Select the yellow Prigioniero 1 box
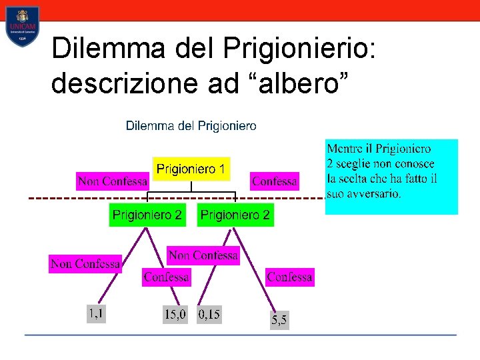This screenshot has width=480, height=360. pyautogui.click(x=191, y=169)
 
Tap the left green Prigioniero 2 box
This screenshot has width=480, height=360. pyautogui.click(x=147, y=215)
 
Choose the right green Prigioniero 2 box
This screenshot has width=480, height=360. pyautogui.click(x=235, y=215)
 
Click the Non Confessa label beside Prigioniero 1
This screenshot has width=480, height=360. pyautogui.click(x=112, y=181)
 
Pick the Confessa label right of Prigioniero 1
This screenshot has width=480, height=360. pyautogui.click(x=274, y=181)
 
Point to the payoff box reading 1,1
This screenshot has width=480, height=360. pyautogui.click(x=97, y=313)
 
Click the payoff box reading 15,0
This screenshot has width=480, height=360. pyautogui.click(x=176, y=314)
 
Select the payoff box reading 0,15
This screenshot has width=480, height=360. pyautogui.click(x=209, y=314)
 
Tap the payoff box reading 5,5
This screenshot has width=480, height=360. pyautogui.click(x=279, y=321)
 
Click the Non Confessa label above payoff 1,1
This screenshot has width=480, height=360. pyautogui.click(x=85, y=264)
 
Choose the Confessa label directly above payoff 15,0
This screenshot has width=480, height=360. pyautogui.click(x=166, y=277)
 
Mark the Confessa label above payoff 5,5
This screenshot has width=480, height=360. pyautogui.click(x=289, y=277)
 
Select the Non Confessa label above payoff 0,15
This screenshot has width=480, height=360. pyautogui.click(x=203, y=255)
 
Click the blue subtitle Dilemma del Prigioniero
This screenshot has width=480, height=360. pyautogui.click(x=191, y=125)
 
